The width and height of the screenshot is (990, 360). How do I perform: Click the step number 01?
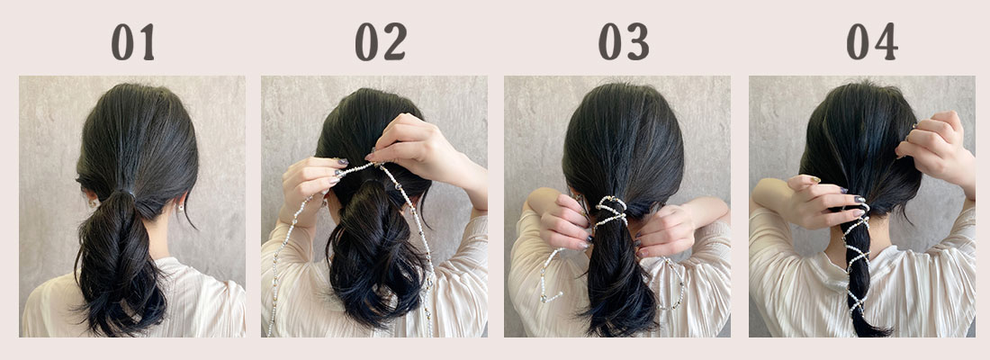(132, 41)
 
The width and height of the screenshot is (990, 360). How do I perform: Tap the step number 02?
(381, 41)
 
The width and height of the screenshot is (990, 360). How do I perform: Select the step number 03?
(624, 41)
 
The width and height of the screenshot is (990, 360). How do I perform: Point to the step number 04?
(872, 41)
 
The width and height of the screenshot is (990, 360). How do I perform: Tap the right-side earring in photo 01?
(181, 207)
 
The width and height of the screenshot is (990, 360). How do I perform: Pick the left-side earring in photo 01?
(90, 203)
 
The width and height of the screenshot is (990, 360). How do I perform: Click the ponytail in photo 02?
(375, 253)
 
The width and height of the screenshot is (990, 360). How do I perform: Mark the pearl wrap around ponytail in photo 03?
(610, 211)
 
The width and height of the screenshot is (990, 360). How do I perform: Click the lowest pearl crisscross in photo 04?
(857, 301)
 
